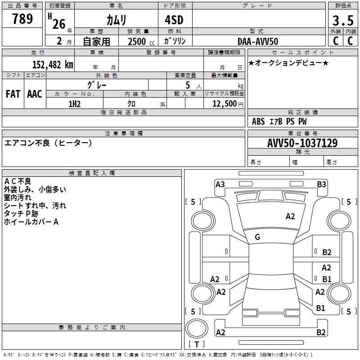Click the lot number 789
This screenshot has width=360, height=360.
pyautogui.click(x=22, y=19)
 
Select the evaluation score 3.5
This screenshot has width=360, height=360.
pyautogui.click(x=342, y=21)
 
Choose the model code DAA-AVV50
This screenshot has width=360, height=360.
pyautogui.click(x=258, y=41)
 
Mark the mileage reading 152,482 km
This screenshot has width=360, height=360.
pyautogui.click(x=52, y=64)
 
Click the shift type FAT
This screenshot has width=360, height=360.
pyautogui.click(x=13, y=94)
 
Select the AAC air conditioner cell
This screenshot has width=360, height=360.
pyautogui.click(x=35, y=94)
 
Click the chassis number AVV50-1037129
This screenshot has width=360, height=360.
pyautogui.click(x=302, y=143)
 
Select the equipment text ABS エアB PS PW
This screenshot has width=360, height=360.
pyautogui.click(x=279, y=121)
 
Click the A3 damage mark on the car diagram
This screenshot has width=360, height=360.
pyautogui.click(x=220, y=184)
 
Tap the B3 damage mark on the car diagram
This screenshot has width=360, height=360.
pyautogui.click(x=321, y=184)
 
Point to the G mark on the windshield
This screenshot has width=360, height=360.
pyautogui.click(x=257, y=237)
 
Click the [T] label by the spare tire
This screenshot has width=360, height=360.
pyautogui.click(x=197, y=344)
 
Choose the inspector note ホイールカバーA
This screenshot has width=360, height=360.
pyautogui.click(x=31, y=222)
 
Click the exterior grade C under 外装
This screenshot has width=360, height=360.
pyautogui.click(x=335, y=41)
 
